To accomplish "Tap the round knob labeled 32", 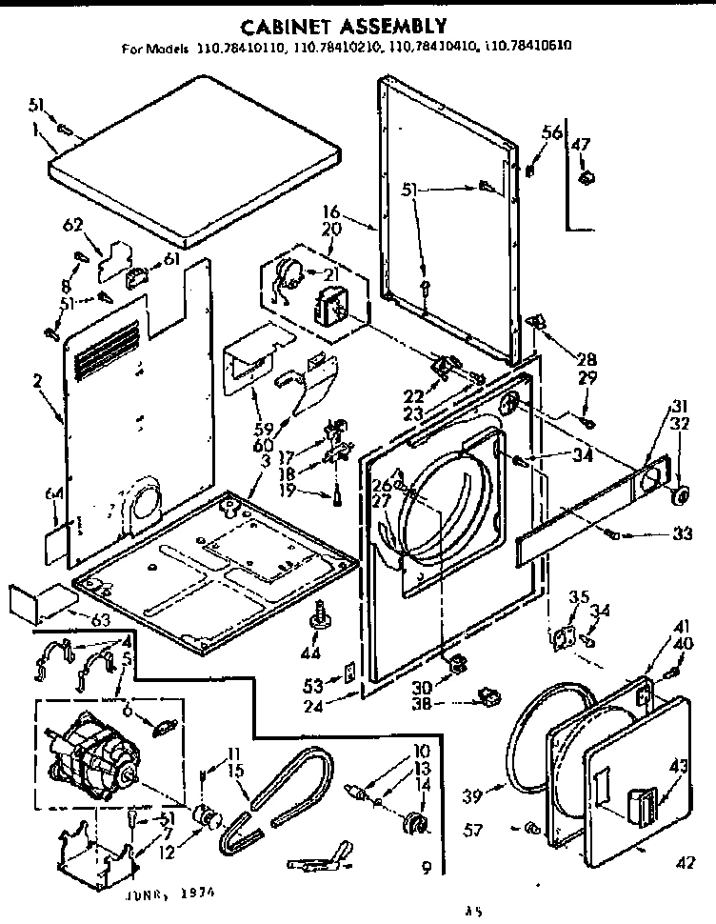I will click(x=680, y=496).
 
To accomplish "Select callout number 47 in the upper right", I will click(x=581, y=144).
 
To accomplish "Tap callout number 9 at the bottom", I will click(x=427, y=868).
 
